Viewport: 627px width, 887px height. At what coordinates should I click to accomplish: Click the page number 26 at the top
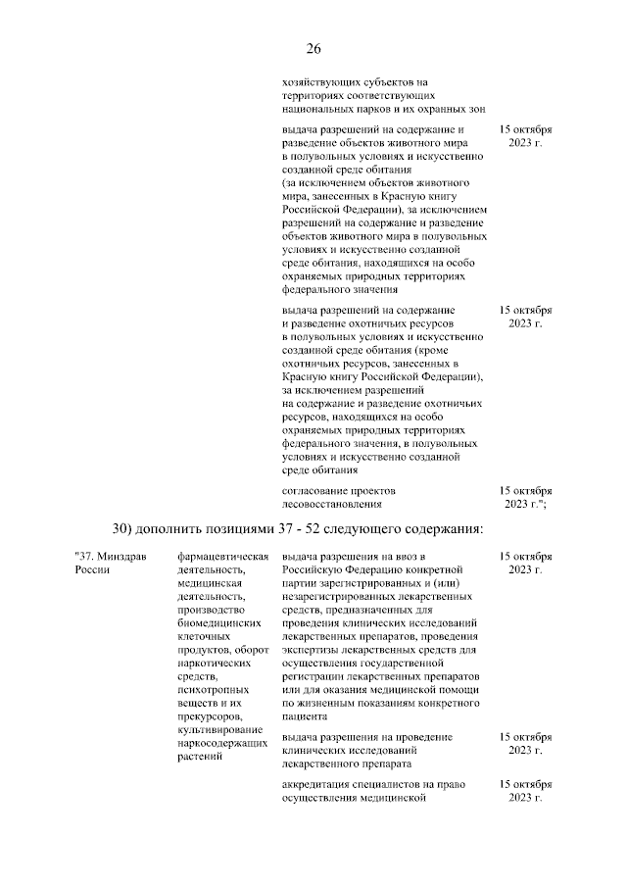(x=313, y=50)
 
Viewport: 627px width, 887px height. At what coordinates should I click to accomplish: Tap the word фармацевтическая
(x=222, y=556)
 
